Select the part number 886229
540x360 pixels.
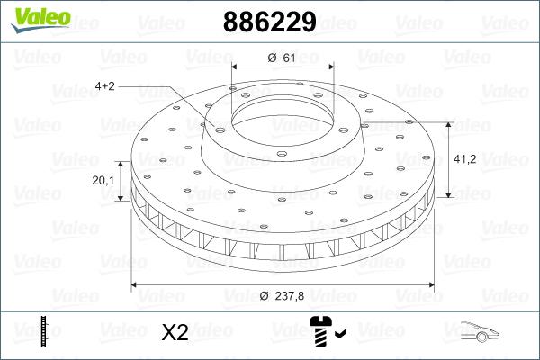click(268, 21)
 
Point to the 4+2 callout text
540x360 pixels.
click(105, 86)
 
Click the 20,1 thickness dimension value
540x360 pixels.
click(103, 180)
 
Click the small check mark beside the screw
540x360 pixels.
click(339, 335)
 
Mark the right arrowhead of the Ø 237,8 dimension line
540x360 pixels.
click(431, 285)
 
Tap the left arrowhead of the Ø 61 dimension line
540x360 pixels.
click(236, 67)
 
